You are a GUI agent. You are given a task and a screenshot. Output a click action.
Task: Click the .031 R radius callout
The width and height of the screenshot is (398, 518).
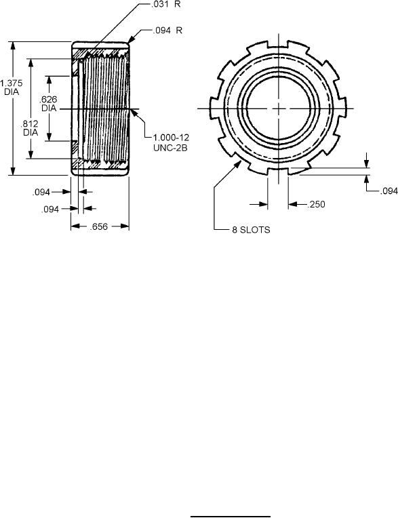pos(165,5)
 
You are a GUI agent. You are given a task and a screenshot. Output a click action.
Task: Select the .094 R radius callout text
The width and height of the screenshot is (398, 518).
pos(167,31)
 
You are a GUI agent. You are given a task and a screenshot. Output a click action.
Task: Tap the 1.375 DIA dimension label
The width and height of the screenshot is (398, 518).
pos(12,87)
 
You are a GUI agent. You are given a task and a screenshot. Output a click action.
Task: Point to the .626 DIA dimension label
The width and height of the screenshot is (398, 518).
pos(49,104)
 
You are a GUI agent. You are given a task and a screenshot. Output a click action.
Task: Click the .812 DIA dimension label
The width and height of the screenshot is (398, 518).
pos(30,128)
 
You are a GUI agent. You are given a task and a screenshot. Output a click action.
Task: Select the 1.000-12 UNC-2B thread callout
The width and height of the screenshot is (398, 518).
pos(171,142)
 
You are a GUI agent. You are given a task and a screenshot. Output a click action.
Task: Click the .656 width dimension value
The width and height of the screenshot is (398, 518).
pos(99,226)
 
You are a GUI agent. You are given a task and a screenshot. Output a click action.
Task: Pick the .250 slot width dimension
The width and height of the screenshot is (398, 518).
pos(316,205)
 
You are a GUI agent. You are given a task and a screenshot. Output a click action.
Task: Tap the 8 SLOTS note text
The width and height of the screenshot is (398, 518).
pos(251,230)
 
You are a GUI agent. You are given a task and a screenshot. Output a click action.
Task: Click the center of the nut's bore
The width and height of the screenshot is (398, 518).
pos(279,108)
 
